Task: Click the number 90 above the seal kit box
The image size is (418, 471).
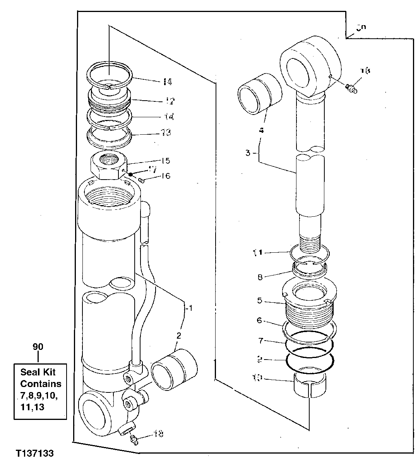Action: coord(38,347)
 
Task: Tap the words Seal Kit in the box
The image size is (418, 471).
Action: coord(38,372)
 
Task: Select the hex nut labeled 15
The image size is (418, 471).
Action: coord(106,166)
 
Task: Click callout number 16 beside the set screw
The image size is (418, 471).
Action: coord(166,176)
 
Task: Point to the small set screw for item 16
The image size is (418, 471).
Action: coord(142,179)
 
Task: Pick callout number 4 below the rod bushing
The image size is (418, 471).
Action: coord(262,130)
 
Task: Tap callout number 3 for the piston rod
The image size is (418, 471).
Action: coord(248,153)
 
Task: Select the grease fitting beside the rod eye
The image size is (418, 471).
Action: coord(352,89)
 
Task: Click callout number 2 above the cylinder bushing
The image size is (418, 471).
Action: coord(179,335)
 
